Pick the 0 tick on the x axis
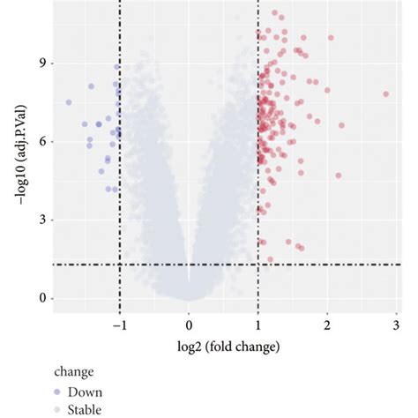click(188, 324)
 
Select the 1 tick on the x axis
click(258, 324)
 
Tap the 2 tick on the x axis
click(327, 324)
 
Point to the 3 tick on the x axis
click(397, 324)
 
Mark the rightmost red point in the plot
click(385, 93)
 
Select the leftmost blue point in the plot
click(69, 102)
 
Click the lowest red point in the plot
click(270, 259)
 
